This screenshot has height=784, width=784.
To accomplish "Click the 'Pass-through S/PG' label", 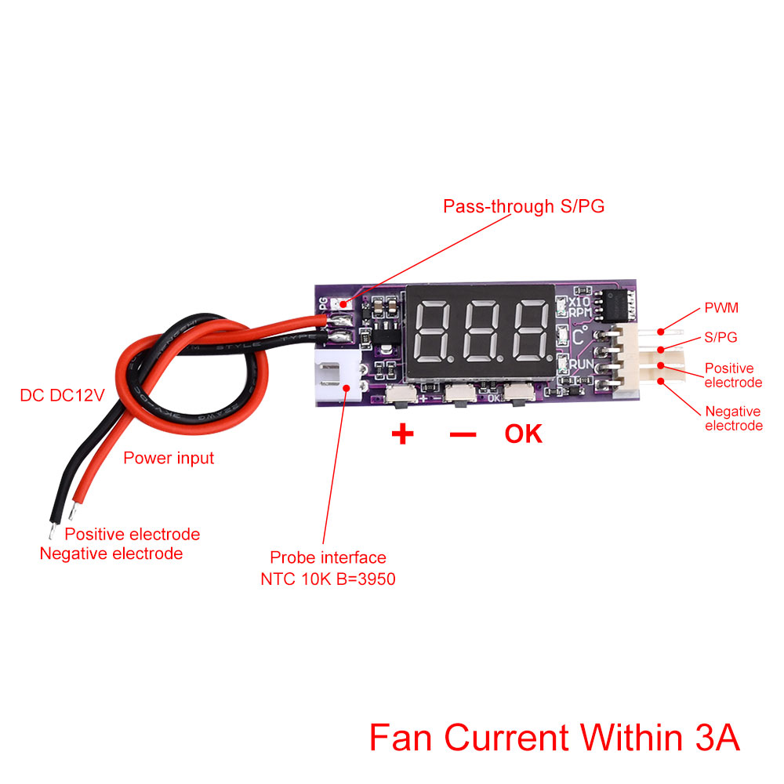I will tap(524, 207).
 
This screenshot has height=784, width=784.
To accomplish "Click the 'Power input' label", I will tap(169, 458).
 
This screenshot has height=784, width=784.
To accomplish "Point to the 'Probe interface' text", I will tap(328, 557).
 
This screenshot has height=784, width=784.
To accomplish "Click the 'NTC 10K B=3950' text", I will tap(328, 579).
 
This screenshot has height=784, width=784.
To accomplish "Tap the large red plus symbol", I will tap(402, 434).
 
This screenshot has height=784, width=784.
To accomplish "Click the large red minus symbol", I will tap(463, 434).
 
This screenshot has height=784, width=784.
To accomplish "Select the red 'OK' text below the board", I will tap(524, 434).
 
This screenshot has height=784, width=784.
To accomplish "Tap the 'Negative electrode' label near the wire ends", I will tap(111, 554).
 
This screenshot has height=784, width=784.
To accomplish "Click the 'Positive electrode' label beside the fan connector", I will tap(733, 375).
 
